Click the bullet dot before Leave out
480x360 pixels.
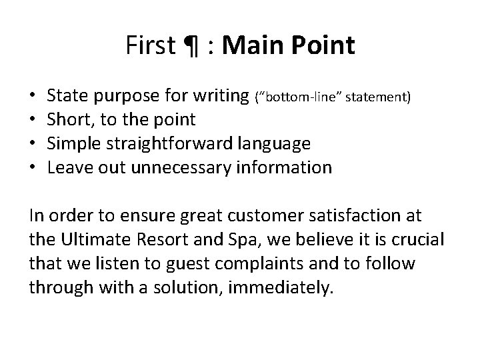pyautogui.click(x=33, y=167)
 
